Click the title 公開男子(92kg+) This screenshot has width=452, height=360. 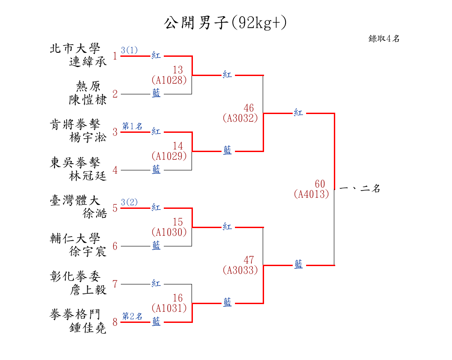[x=225, y=23]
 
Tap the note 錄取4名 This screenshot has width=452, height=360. [x=384, y=39]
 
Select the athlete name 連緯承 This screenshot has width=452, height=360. [x=88, y=62]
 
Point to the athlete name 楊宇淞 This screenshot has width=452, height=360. [x=88, y=138]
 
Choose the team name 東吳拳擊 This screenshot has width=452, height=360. [x=75, y=162]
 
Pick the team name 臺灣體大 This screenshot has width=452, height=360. [x=75, y=200]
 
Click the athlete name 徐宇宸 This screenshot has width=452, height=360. [x=88, y=252]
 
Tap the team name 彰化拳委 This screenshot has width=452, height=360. [x=75, y=276]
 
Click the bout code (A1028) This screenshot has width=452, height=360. [x=169, y=80]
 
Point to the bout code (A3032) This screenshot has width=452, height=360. [x=240, y=119]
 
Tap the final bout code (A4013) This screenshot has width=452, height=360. [x=311, y=195]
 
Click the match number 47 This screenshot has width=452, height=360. [x=249, y=260]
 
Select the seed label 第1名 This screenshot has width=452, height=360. [x=132, y=127]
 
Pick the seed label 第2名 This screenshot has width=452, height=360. [x=132, y=317]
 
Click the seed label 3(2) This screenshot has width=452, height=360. [x=129, y=203]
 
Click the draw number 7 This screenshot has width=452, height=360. [x=115, y=284]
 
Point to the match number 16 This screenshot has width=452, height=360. [x=178, y=298]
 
